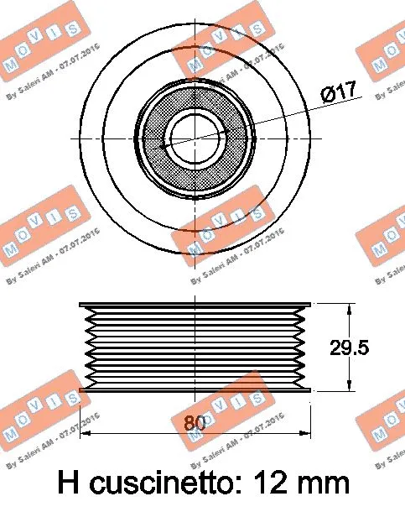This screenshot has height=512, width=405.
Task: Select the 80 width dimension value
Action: (x=195, y=424)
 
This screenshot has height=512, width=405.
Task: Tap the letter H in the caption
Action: (x=70, y=482)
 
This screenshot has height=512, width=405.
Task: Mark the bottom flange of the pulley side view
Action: (x=195, y=389)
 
